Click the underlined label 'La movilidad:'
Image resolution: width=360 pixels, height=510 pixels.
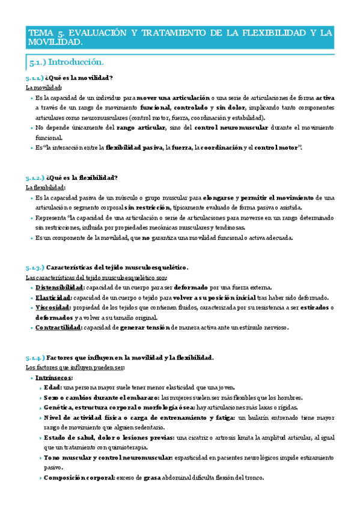44,88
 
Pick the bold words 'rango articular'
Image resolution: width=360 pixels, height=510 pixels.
142,127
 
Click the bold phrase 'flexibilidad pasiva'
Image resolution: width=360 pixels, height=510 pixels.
129,147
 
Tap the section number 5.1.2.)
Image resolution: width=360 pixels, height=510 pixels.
35,177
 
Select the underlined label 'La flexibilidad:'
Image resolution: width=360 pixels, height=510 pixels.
46,187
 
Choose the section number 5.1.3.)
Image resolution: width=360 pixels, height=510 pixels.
35,267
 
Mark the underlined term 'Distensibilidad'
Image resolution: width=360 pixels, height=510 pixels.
59,287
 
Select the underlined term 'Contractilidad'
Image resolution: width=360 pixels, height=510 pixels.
58,328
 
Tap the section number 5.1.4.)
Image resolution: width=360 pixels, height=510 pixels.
35,357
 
